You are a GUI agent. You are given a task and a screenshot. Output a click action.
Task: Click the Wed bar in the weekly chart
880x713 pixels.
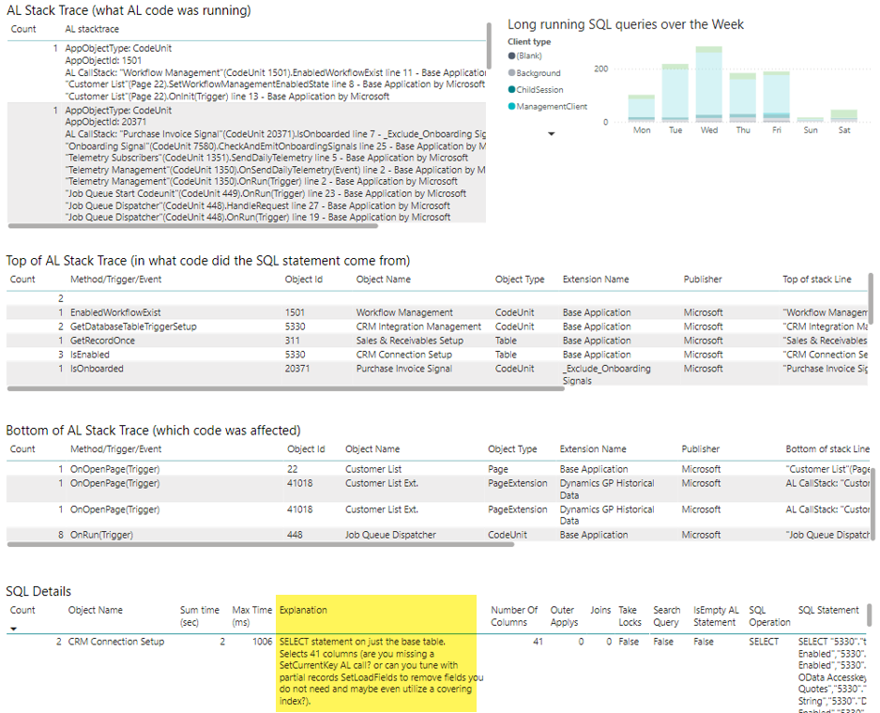coord(709,84)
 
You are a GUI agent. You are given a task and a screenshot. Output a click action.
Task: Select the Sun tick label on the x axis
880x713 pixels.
coord(812,130)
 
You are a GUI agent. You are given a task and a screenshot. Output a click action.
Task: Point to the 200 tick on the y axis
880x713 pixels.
coord(600,68)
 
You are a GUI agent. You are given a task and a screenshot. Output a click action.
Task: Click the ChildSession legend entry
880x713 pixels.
coord(539,90)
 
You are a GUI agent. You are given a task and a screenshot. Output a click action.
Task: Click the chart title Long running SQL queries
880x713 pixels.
coord(625,24)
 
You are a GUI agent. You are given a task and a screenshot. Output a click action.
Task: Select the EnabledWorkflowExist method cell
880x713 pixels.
coord(115,312)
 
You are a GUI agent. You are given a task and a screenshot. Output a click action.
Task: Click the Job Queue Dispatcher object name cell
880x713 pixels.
coord(390,535)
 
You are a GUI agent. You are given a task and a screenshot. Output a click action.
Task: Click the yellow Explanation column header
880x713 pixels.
coord(303,610)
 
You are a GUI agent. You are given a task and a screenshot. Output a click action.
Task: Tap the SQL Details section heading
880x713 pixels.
coord(38,591)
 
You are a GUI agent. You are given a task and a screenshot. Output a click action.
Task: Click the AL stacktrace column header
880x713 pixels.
coord(91,29)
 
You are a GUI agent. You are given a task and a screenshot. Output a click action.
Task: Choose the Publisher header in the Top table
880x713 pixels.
coord(703,279)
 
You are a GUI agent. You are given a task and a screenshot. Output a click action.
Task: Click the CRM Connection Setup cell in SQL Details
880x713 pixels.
coord(116,642)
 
